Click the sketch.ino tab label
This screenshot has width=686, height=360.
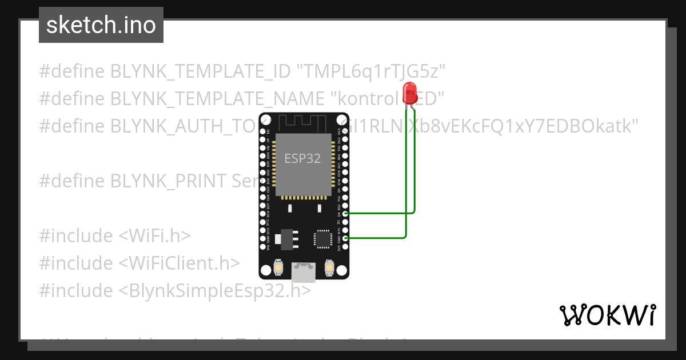click(x=101, y=25)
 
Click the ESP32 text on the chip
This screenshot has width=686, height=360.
click(x=303, y=158)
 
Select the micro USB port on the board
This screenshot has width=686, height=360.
click(x=303, y=272)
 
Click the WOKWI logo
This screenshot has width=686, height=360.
click(x=607, y=315)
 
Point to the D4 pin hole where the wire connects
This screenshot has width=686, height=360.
click(x=345, y=213)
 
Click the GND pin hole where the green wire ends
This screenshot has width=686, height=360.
click(x=345, y=238)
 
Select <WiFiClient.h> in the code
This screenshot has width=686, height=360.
click(x=180, y=263)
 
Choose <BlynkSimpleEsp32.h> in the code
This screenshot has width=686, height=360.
click(x=216, y=290)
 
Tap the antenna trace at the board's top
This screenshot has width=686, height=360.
click(x=304, y=122)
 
